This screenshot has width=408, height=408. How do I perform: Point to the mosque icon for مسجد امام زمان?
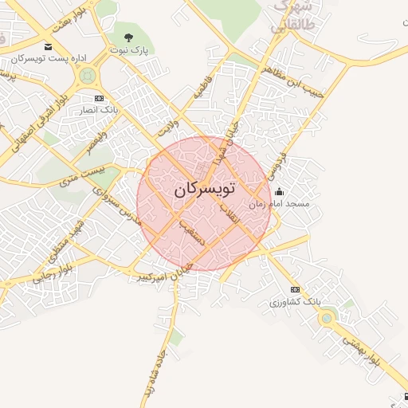(x=279, y=192)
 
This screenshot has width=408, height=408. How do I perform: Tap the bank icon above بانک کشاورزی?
(x=296, y=289)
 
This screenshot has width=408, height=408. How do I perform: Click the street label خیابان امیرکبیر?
(x=163, y=271)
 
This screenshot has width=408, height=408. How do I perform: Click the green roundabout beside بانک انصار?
(x=87, y=76)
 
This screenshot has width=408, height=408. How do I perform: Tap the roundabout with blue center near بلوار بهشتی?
(x=326, y=318)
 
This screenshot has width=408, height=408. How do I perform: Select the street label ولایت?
(x=165, y=127)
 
